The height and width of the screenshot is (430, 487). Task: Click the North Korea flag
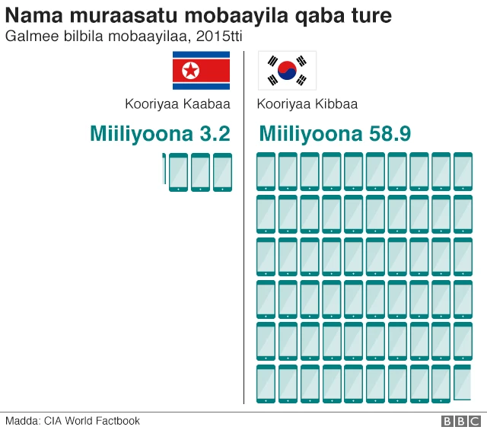tap(201, 71)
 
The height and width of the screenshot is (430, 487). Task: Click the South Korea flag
tap(287, 71)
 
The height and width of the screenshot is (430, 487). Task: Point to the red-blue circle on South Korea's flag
tap(287, 71)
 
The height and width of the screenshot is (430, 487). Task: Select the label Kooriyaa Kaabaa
tap(177, 104)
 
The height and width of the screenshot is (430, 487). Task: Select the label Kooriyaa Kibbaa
tap(307, 104)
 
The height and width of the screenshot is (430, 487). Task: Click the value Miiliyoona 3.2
tap(160, 134)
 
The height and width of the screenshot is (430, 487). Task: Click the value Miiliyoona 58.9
tap(335, 134)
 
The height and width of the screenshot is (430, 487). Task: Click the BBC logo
tap(460, 421)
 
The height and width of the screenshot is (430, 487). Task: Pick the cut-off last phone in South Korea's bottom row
tap(463, 384)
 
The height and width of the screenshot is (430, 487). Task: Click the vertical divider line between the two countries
tap(244, 228)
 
